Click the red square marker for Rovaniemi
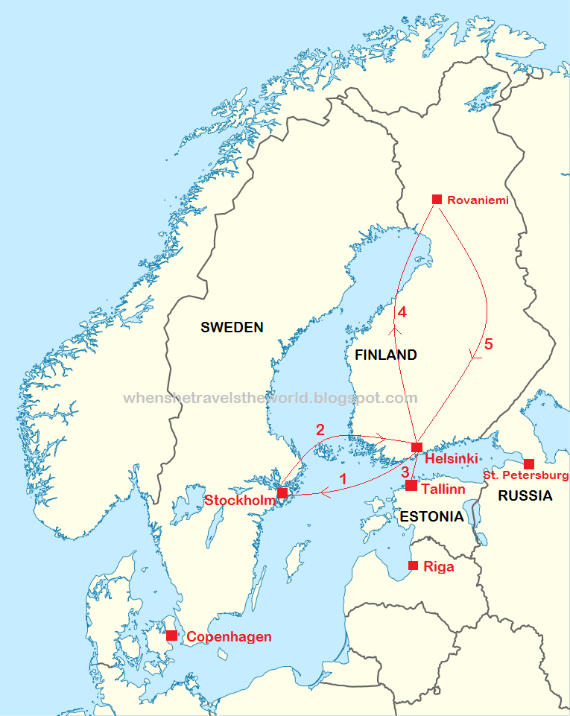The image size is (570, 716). coord(437,199)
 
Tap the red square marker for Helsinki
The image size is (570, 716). coord(417,447)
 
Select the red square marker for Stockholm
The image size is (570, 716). coord(282,493)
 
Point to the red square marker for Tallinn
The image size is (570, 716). coord(411,486)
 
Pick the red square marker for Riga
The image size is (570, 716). coord(414,565)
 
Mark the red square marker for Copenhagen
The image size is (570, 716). coord(171,636)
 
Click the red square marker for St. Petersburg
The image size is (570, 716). coord(529,463)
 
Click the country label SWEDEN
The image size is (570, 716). coord(232,327)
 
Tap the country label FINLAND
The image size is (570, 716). coord(385,355)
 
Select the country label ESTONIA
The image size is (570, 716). coord(431,516)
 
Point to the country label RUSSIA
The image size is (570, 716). coord(525,495)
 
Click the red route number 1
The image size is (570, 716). coord(343,479)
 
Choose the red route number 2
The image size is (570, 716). coord(320,430)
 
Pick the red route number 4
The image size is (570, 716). coord(402,311)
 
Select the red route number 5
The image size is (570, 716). coord(489,344)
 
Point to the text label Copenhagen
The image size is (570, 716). coord(229,637)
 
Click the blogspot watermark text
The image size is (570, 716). coord(270,399)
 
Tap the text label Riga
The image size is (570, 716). coord(438,567)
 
